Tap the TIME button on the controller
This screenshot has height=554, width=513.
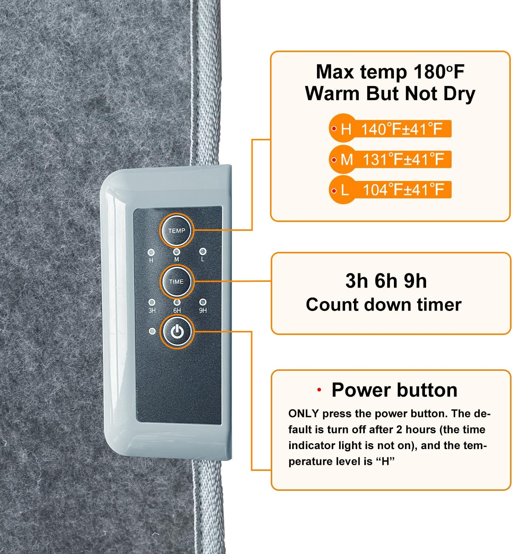pos(176,281)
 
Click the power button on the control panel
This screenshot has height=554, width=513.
pos(177,332)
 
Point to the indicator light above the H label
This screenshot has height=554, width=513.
pos(151,253)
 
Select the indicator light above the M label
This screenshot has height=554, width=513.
pos(176,252)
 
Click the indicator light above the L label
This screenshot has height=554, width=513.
pos(202,252)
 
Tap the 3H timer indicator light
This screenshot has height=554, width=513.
pos(152,302)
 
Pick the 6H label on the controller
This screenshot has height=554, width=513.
pos(177,311)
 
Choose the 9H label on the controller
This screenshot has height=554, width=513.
pos(203,310)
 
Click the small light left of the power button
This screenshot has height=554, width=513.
pos(152,331)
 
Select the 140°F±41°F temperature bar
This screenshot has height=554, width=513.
pos(390,129)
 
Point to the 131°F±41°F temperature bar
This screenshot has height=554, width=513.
pos(390,160)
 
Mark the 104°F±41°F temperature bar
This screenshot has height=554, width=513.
pos(390,190)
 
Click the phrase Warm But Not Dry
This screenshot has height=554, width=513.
pos(390,93)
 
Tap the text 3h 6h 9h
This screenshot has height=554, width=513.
pos(386,281)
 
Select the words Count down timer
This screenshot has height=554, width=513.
pos(384,305)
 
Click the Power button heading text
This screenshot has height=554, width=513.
pos(394,390)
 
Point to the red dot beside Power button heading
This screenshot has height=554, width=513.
pos(319,390)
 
